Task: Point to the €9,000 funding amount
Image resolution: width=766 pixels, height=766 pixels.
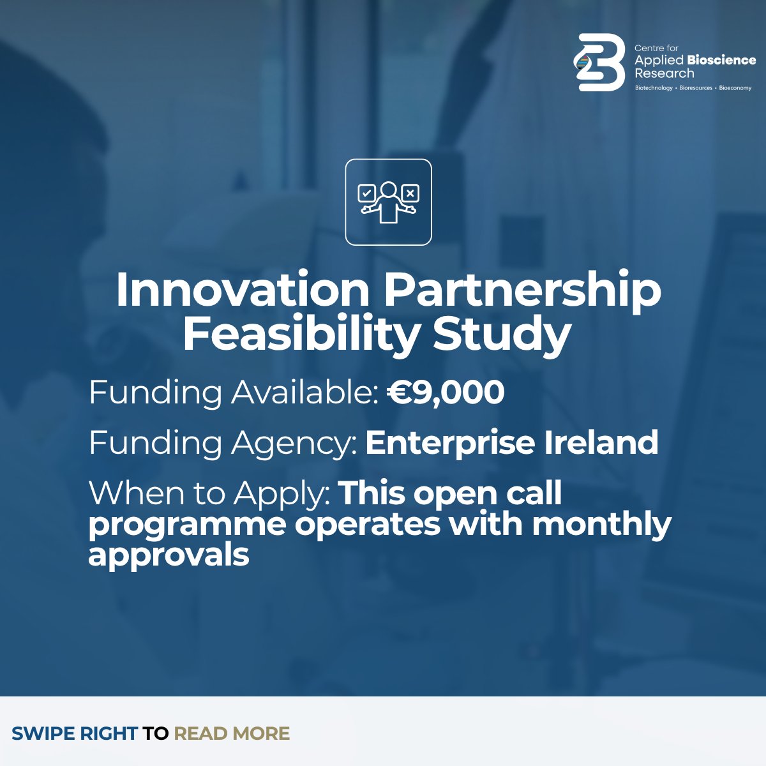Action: [x=446, y=392]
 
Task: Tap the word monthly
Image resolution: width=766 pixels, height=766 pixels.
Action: [x=601, y=525]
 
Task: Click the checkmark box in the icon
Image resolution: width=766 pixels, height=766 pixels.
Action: [x=366, y=192]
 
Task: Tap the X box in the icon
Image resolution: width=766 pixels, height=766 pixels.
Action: [x=410, y=192]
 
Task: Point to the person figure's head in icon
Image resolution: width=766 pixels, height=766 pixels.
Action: [x=388, y=189]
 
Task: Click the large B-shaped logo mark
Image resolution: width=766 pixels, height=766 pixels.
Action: [x=599, y=63]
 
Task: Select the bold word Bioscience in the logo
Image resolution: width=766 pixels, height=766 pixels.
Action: [x=721, y=61]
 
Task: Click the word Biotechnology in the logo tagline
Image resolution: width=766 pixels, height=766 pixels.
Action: [x=654, y=88]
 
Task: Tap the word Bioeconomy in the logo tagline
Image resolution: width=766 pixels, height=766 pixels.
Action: [x=735, y=88]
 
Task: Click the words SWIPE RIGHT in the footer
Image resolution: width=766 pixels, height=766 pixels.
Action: [x=74, y=733]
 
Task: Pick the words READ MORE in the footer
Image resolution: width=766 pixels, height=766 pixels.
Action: [x=232, y=733]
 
